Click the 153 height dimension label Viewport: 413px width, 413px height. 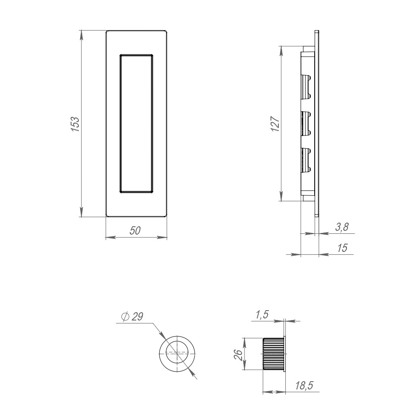pos(75,124)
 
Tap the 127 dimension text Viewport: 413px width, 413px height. pos(275,124)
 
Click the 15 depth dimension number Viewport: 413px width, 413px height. pos(342,248)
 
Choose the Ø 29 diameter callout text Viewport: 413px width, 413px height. pos(132,317)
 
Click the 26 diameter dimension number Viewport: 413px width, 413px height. pos(238,354)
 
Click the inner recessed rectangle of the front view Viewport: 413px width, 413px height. pos(136,123)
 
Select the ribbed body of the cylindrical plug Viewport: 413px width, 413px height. pos(273,354)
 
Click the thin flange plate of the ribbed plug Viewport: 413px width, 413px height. pos(285,354)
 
